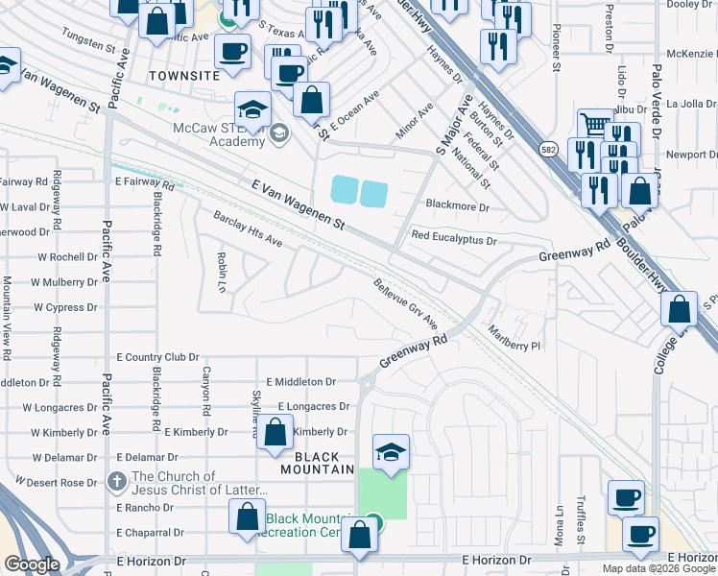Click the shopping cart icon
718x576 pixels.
pos(596,124)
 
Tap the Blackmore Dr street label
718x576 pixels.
pos(457,206)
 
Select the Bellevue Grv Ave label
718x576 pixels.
pos(405,301)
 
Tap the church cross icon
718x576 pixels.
pos(116,481)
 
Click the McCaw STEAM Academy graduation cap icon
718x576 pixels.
pos(251,108)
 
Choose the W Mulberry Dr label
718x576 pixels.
pos(64,282)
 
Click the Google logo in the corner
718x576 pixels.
pos(32,564)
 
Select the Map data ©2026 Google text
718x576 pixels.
pos(658,568)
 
